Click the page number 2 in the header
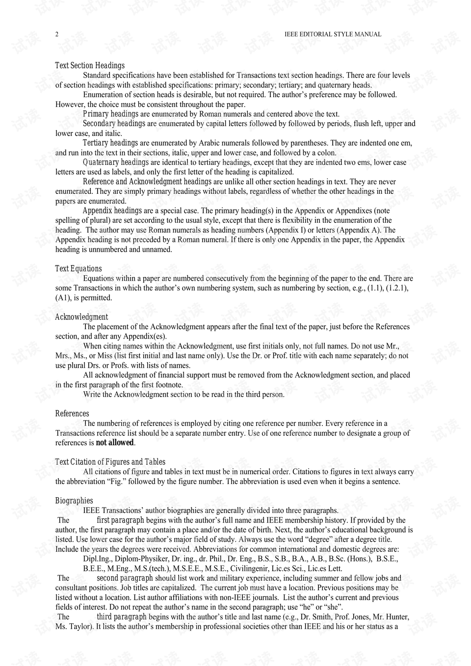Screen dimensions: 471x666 (x=57, y=34)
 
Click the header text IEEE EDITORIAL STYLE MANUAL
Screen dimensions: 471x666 (x=333, y=34)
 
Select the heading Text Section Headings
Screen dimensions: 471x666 (x=90, y=65)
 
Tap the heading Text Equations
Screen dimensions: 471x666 (x=78, y=268)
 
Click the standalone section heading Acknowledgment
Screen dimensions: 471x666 (x=81, y=317)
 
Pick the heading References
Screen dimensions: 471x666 (x=72, y=414)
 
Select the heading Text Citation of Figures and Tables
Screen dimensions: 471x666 (x=110, y=462)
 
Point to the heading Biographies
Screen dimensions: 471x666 (x=74, y=501)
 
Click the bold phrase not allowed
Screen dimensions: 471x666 (x=115, y=443)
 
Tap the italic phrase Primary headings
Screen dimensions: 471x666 (x=110, y=114)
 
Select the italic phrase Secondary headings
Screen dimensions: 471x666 (x=114, y=124)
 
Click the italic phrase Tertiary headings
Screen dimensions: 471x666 (x=110, y=143)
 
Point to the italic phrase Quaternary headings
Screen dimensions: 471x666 (x=116, y=162)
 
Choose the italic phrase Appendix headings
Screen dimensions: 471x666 (x=112, y=211)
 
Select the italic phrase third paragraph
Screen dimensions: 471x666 (x=122, y=617)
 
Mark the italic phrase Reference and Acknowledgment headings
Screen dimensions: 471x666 (x=147, y=182)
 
